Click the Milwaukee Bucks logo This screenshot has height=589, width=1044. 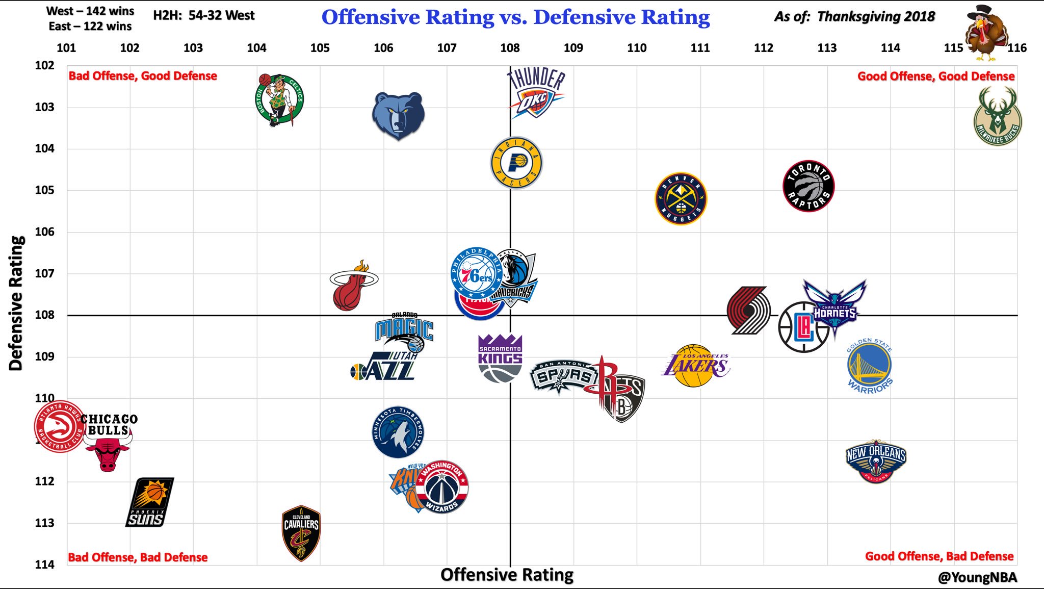pyautogui.click(x=997, y=117)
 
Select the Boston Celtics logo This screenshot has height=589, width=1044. pyautogui.click(x=279, y=100)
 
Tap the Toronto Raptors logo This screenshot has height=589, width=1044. pyautogui.click(x=808, y=186)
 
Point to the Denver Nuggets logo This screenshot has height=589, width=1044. pyautogui.click(x=681, y=198)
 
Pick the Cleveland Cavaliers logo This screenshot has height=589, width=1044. pyautogui.click(x=301, y=533)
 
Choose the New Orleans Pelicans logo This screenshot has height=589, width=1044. pyautogui.click(x=876, y=460)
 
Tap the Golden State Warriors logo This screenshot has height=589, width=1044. pyautogui.click(x=870, y=366)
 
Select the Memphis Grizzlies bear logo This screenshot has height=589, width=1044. pyautogui.click(x=398, y=115)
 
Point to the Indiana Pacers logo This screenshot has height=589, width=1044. pyautogui.click(x=516, y=163)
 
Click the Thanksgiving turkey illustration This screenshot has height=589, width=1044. pyautogui.click(x=987, y=34)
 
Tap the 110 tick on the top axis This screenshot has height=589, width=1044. pyautogui.click(x=637, y=48)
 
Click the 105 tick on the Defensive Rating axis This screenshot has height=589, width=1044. pyautogui.click(x=44, y=190)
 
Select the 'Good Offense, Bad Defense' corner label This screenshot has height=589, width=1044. pyautogui.click(x=939, y=556)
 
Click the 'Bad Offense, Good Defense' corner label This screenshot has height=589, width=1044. pyautogui.click(x=143, y=76)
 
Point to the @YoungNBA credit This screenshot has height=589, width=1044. pyautogui.click(x=977, y=577)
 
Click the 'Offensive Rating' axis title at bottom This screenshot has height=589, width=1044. pyautogui.click(x=507, y=575)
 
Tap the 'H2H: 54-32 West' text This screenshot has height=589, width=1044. pyautogui.click(x=203, y=16)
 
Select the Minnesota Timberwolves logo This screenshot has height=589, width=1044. pyautogui.click(x=398, y=432)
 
